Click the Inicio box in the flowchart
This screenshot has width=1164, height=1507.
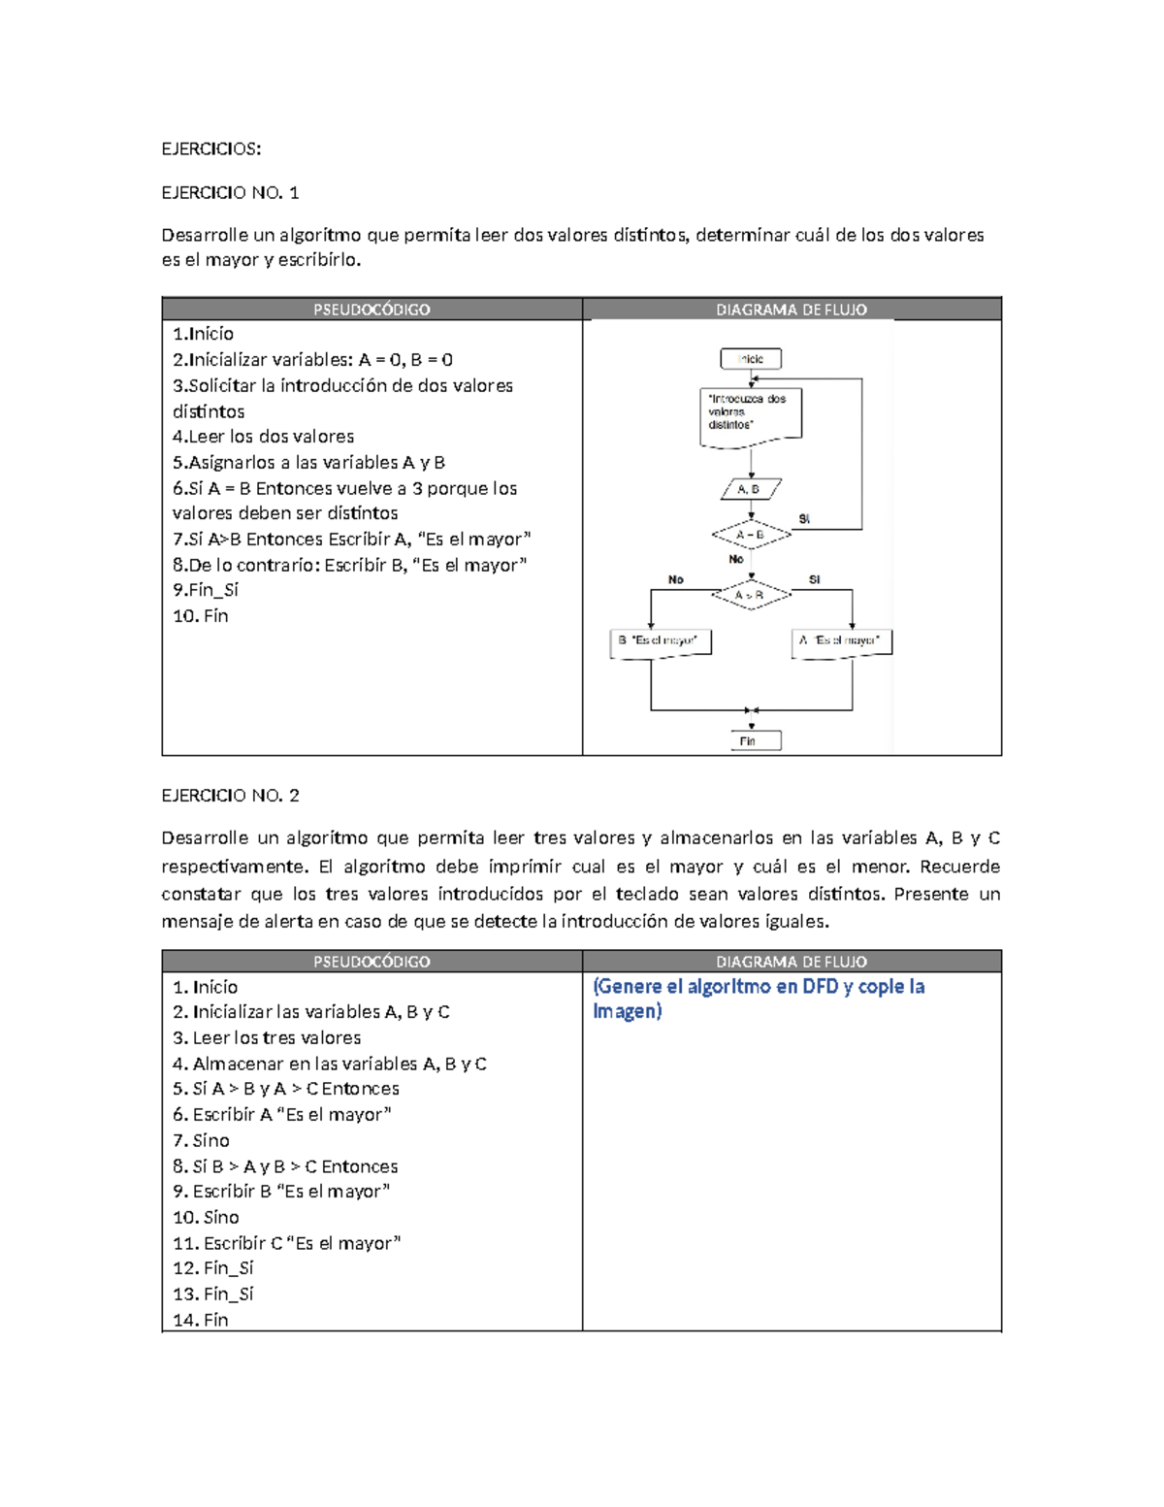click(750, 359)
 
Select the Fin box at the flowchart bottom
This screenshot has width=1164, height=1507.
click(755, 741)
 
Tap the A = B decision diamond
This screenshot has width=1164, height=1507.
click(751, 535)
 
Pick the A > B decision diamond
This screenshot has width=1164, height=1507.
click(751, 595)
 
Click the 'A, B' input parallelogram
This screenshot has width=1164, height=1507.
click(751, 489)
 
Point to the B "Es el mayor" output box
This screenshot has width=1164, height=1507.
click(660, 641)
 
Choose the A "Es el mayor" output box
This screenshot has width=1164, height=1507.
click(841, 641)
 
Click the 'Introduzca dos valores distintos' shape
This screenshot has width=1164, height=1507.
click(750, 414)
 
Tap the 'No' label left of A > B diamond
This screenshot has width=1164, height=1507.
click(675, 579)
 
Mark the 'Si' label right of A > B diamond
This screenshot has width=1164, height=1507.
click(814, 579)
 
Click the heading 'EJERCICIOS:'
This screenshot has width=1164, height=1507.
click(210, 148)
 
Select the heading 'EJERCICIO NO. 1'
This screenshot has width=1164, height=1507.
click(230, 192)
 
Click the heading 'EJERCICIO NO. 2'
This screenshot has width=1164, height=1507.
click(230, 795)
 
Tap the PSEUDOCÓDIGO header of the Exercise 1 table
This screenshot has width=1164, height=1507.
click(372, 310)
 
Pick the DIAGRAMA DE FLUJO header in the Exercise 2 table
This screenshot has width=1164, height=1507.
click(792, 962)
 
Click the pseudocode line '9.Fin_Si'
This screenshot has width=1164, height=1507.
click(206, 590)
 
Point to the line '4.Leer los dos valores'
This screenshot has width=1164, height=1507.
click(264, 437)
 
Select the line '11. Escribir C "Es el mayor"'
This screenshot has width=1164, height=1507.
click(287, 1243)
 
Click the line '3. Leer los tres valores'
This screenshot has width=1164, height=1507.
click(267, 1037)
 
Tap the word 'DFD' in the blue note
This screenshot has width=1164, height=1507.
click(820, 987)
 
